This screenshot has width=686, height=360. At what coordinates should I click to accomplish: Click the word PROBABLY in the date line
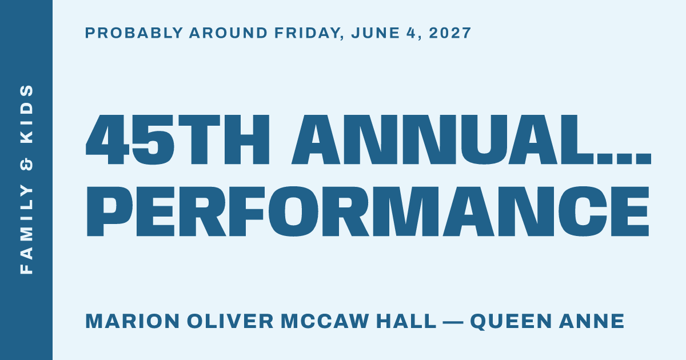point(134,33)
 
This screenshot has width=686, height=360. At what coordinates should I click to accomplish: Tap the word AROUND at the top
point(229,33)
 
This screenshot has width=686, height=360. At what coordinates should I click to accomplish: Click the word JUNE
point(376,33)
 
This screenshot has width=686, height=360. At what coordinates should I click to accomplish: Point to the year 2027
point(450,33)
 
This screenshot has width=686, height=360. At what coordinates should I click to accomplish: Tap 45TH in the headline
point(178,140)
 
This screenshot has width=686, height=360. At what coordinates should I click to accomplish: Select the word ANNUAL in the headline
point(442,140)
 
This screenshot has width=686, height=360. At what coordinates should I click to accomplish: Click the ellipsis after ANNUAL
point(623,159)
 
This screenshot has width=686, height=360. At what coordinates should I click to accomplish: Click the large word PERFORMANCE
point(368,211)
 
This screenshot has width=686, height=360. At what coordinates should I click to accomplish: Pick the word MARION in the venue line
point(132,321)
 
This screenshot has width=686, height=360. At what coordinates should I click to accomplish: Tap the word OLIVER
point(230,321)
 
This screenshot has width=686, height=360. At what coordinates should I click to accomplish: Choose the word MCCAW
point(325,321)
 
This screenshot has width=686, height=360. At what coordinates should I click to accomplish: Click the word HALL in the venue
point(406,321)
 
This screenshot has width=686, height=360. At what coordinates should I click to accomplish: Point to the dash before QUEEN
point(453,322)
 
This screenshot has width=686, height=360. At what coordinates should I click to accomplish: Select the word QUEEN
point(511,322)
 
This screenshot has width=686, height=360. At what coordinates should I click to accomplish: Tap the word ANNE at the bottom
point(592,321)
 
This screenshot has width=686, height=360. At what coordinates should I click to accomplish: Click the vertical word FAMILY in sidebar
point(26,230)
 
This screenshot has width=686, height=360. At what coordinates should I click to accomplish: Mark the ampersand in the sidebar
point(26,164)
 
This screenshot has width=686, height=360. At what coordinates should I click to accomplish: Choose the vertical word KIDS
point(26,114)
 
